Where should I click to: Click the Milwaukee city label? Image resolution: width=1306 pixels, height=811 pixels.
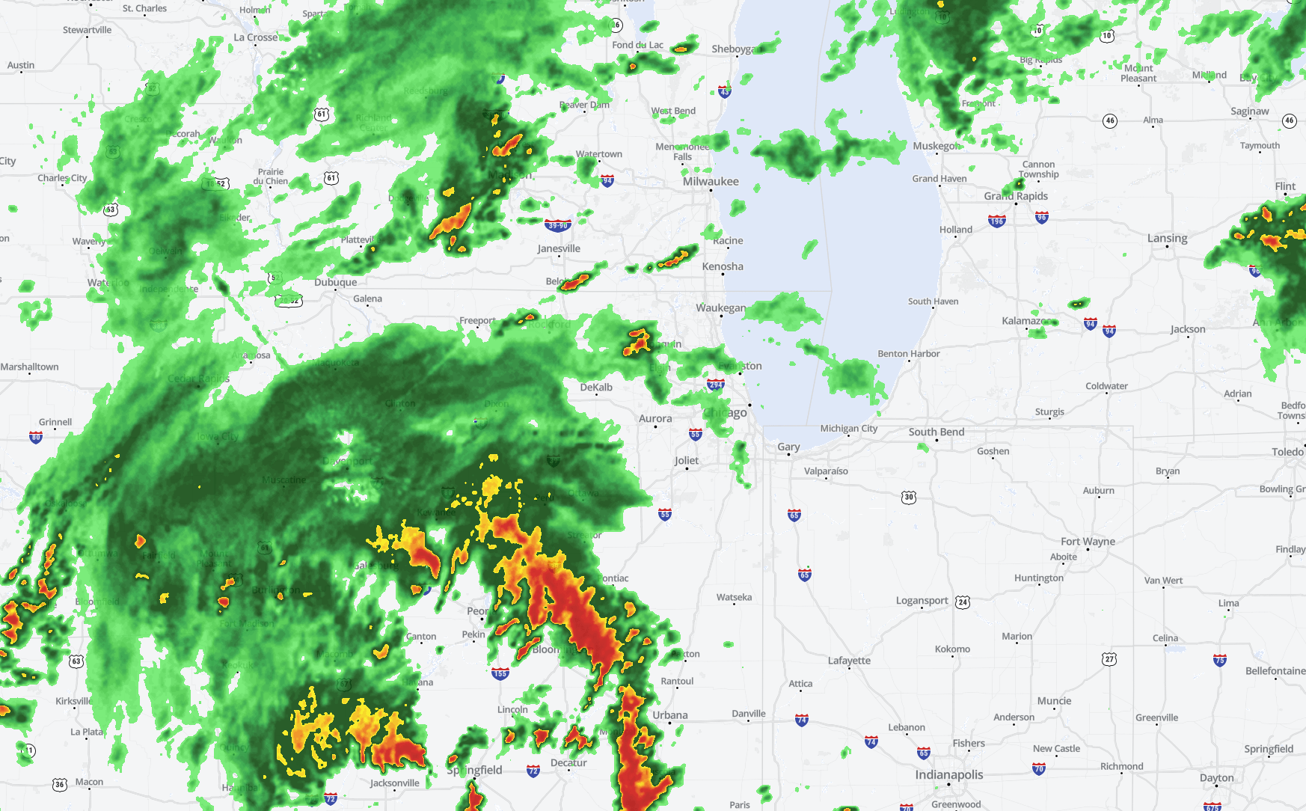710,182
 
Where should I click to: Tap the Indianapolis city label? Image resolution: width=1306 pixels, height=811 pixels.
948,775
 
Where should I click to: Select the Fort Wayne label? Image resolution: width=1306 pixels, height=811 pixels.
1088,542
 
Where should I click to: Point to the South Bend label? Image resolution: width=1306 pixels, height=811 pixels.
936,432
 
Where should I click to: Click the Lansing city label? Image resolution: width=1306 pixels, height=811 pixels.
1167,239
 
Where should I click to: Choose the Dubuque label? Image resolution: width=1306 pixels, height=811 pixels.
335,283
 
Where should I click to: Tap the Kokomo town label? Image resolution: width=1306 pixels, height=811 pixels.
952,649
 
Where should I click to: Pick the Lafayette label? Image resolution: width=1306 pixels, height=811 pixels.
849,661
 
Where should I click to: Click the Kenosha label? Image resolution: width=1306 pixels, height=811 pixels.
723,267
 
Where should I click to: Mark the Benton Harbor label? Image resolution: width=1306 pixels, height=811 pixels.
908,354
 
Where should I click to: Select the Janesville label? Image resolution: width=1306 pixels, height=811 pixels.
559,249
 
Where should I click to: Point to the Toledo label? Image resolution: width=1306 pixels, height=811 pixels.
1287,452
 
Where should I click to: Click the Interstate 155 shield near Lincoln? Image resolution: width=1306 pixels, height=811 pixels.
500,673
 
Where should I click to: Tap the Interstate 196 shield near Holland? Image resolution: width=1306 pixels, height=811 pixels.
996,221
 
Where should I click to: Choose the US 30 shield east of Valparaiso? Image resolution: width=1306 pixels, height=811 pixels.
908,497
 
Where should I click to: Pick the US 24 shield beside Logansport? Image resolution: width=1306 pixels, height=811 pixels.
963,602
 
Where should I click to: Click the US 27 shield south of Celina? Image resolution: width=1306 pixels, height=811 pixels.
1109,658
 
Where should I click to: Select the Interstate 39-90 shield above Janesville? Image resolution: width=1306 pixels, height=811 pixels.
558,225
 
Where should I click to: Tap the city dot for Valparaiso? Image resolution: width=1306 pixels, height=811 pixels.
826,479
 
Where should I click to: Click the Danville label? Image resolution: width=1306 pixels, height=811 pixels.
748,714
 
